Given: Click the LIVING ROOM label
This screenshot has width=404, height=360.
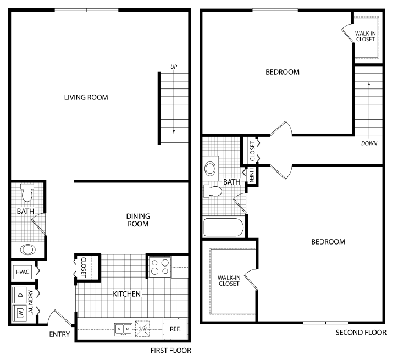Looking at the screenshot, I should point(86,97).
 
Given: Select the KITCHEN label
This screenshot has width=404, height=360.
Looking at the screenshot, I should point(127,294).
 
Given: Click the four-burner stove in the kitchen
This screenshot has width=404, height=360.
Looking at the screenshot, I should point(159,267).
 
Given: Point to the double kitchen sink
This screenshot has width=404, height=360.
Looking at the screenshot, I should point(123,329).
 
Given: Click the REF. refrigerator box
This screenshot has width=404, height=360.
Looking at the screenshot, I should point(175,329).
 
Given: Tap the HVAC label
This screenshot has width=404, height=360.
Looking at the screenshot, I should point(22,272).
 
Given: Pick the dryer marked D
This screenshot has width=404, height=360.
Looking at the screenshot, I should point(20,295).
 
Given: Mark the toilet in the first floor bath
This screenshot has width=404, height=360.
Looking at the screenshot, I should point(27,193).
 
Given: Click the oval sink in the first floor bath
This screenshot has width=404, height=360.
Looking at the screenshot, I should point(27,249).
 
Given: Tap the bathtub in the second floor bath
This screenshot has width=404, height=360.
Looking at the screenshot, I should point(223,227).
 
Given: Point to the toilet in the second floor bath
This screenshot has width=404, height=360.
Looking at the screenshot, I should point(213,191).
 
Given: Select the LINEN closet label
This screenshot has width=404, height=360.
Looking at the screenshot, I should point(251,176).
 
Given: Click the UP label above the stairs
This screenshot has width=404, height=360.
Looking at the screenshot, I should point(174,67).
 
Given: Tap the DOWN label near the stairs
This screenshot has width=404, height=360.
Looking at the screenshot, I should point(369,143).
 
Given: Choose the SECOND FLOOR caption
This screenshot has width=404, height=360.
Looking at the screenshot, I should point(361,333).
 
